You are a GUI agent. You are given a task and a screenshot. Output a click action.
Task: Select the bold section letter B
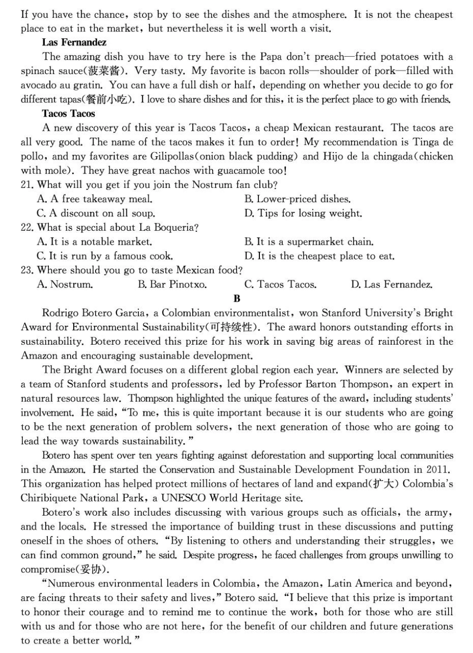click(x=236, y=299)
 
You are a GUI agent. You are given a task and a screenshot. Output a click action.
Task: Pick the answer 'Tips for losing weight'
click(x=303, y=213)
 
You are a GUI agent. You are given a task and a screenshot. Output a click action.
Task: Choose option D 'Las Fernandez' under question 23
click(x=391, y=285)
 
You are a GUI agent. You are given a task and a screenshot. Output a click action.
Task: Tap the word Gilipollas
click(x=175, y=157)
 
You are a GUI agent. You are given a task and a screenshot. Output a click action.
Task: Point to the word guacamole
click(x=234, y=171)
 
